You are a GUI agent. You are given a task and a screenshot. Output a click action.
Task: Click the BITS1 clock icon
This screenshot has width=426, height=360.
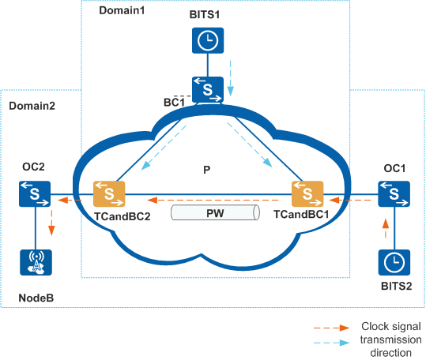(x=208, y=40)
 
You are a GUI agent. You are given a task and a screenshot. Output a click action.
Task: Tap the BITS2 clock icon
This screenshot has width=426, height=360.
(x=394, y=262)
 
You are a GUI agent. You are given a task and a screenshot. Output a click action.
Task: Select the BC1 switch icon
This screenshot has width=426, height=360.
(x=208, y=89)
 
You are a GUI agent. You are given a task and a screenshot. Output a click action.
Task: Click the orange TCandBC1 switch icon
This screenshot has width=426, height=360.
(x=307, y=193)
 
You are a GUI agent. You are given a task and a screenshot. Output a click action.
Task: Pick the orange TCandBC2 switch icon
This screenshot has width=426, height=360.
(x=109, y=193)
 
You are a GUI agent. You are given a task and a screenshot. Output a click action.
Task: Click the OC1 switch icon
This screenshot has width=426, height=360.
(x=394, y=193)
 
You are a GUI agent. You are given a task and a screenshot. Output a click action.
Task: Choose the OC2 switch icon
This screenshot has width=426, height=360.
(x=35, y=193)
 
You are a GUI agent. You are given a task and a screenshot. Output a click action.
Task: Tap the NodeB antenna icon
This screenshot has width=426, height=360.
(x=36, y=262)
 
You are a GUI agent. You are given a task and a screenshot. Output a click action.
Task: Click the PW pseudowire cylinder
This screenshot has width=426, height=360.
(x=215, y=212)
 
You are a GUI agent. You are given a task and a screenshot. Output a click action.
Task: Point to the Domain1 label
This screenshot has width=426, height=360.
(x=122, y=10)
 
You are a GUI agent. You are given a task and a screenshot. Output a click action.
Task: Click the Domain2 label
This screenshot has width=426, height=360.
(x=32, y=106)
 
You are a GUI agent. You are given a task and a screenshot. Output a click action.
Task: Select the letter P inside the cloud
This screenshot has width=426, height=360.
(x=207, y=170)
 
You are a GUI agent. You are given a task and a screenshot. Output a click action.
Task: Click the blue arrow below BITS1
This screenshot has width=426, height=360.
(x=231, y=78)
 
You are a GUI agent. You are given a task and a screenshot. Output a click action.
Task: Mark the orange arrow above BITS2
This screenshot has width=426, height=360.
(x=386, y=228)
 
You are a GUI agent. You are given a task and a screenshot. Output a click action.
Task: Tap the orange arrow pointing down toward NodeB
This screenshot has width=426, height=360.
(x=51, y=223)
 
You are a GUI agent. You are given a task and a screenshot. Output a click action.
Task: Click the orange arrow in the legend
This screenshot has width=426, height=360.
(x=331, y=328)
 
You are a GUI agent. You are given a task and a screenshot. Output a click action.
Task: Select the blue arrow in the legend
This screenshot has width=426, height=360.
(x=331, y=343)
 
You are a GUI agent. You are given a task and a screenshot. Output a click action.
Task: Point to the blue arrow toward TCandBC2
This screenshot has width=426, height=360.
(x=164, y=148)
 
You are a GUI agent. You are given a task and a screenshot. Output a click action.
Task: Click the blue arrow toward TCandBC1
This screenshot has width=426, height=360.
(x=250, y=144)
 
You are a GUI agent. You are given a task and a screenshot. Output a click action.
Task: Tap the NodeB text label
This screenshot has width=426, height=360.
(x=36, y=298)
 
